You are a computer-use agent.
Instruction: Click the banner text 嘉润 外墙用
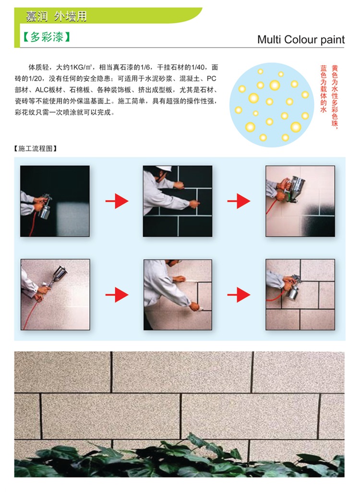(x=56, y=16)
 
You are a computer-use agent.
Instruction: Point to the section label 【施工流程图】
(x=36, y=148)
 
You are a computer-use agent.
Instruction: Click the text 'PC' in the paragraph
(x=212, y=78)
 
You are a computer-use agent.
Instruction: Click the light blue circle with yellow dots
(x=272, y=105)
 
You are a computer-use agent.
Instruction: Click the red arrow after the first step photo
(x=117, y=201)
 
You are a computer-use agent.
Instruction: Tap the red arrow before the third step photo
(x=239, y=201)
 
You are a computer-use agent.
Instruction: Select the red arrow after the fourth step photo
(x=117, y=294)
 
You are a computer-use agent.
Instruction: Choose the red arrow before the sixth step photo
(x=239, y=294)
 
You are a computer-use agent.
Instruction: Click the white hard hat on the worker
(x=164, y=169)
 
